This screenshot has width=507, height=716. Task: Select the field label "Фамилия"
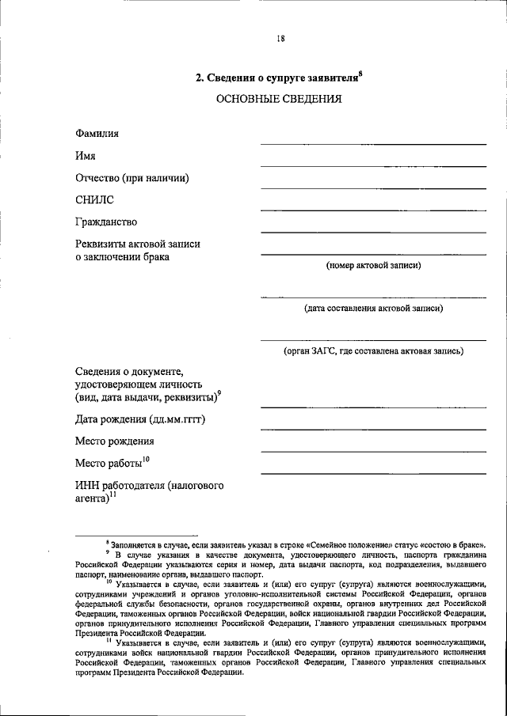(97, 134)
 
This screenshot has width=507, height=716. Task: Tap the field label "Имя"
(86, 156)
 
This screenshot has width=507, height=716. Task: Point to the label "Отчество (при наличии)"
(132, 178)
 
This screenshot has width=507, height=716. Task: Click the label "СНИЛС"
(95, 200)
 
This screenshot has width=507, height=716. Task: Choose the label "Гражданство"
(107, 222)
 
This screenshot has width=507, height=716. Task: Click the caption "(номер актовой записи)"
(373, 266)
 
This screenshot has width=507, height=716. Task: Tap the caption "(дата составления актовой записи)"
(373, 309)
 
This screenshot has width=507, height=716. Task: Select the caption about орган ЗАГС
(373, 350)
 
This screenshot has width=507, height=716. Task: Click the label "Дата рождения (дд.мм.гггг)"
(140, 419)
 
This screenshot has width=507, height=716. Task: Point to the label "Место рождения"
(115, 441)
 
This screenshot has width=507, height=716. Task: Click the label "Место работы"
(109, 463)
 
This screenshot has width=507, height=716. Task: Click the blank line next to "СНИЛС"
(373, 210)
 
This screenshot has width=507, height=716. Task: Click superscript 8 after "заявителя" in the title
(360, 73)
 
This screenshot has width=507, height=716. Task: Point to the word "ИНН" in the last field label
(88, 484)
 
